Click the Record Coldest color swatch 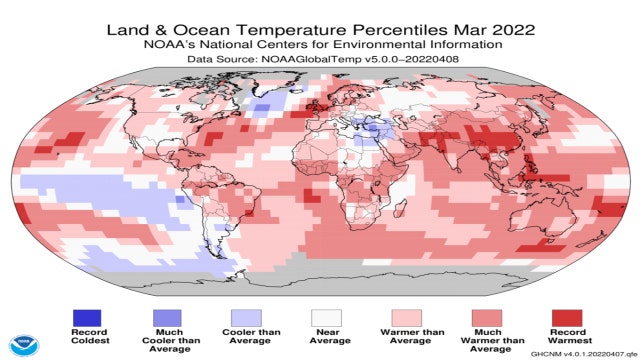pos(88,316)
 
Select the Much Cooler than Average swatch pos(166,316)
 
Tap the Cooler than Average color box pos(244,316)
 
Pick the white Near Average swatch pos(321,316)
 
